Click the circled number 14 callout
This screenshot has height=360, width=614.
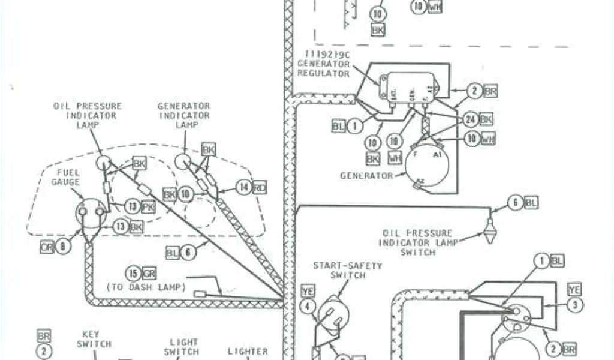click(x=243, y=187)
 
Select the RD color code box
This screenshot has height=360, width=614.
click(x=260, y=187)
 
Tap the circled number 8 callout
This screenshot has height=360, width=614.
click(x=64, y=245)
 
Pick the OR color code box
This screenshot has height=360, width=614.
click(x=47, y=245)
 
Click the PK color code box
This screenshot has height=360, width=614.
click(x=147, y=207)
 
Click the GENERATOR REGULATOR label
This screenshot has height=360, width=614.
click(x=323, y=64)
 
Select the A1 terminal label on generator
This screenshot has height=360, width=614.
click(x=437, y=154)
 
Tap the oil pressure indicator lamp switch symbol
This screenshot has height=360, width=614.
click(x=490, y=229)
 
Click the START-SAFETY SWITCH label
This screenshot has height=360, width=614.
click(x=339, y=270)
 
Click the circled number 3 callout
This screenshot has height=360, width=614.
click(x=575, y=305)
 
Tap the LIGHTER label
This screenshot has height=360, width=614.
click(x=248, y=352)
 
